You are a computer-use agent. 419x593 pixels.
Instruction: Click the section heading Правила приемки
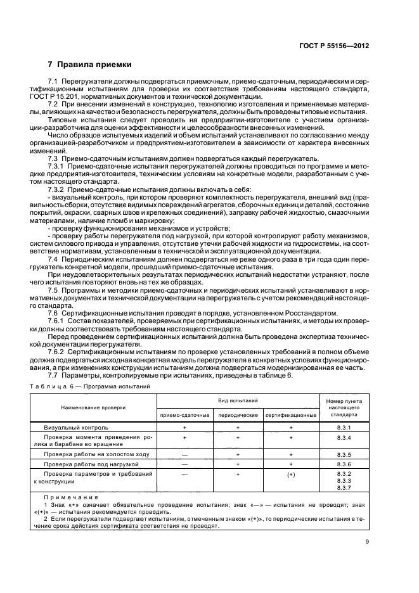89,65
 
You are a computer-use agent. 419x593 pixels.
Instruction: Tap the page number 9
367,541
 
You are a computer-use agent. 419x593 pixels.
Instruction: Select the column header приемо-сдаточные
184,414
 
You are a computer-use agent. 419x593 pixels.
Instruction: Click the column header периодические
238,414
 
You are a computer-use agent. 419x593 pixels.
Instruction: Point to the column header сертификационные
291,414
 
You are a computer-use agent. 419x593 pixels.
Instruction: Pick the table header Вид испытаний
238,402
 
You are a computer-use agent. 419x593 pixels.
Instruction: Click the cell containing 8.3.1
344,428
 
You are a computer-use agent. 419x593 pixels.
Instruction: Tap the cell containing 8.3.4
344,438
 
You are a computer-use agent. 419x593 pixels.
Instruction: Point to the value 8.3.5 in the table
344,455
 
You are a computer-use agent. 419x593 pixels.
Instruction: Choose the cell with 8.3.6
344,464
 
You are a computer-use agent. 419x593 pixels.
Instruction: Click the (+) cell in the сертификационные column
292,474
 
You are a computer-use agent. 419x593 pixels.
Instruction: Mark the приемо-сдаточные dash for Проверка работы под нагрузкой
184,464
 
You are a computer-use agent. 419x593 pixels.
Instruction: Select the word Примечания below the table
70,498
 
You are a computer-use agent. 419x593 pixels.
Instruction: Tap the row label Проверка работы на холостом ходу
96,455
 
